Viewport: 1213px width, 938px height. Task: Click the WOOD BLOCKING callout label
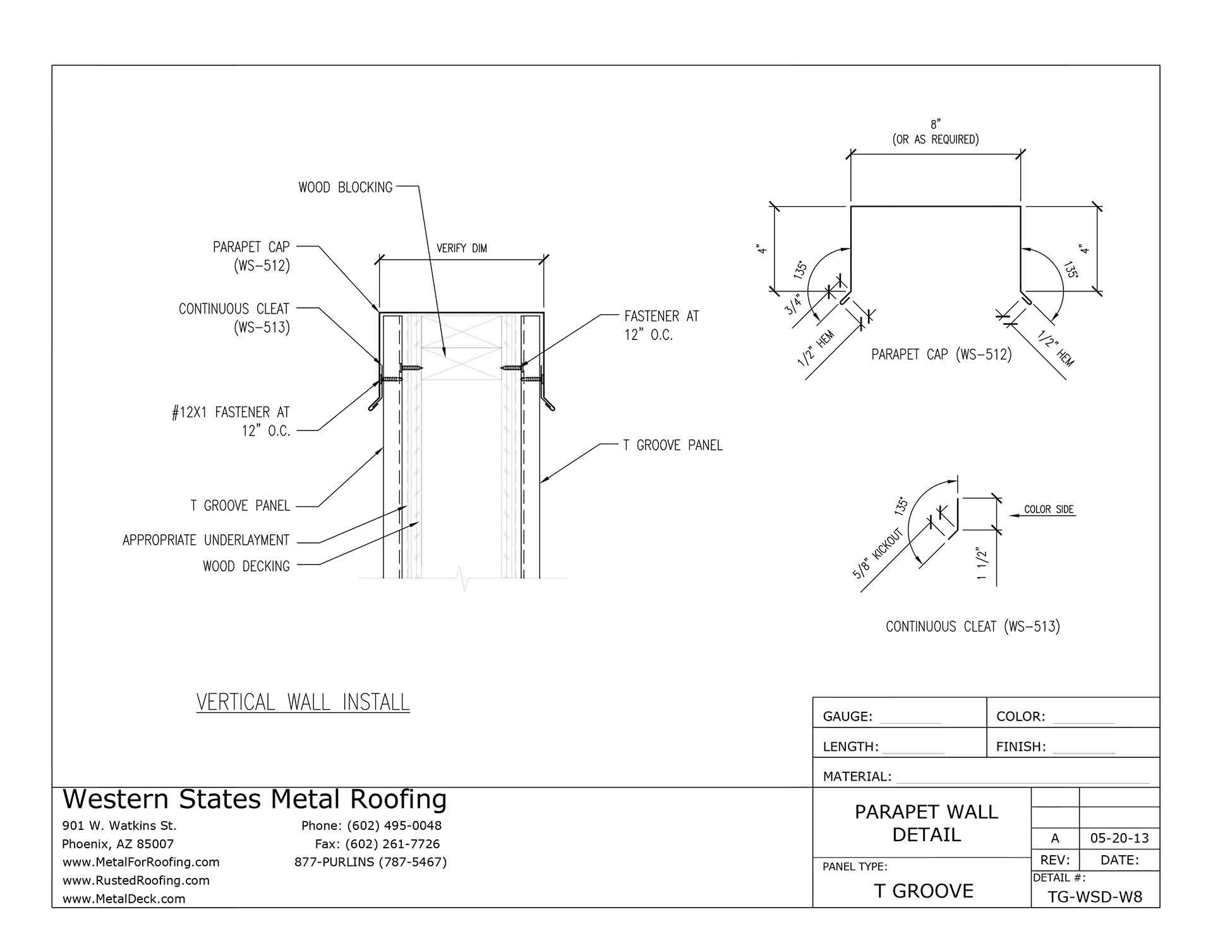[346, 187]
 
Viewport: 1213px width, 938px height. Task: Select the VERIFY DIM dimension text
[461, 248]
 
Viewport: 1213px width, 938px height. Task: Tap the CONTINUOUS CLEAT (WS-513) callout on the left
[234, 318]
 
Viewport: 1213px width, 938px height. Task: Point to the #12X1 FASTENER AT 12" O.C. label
[231, 422]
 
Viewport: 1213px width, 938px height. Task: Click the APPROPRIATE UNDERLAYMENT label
[206, 540]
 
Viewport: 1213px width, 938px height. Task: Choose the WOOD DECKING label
[246, 566]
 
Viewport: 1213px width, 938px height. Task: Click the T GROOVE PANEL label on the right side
[673, 446]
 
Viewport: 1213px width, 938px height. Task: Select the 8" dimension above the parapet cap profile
[936, 125]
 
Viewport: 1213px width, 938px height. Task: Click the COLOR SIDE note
[1049, 509]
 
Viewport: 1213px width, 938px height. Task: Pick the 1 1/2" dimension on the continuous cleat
[982, 564]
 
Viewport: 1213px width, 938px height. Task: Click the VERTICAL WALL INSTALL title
[303, 702]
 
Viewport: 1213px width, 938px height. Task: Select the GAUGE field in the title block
[847, 717]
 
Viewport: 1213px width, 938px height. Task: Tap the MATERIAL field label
[857, 777]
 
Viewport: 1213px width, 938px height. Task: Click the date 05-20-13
[1119, 839]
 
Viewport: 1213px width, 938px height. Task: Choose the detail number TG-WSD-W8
[1095, 898]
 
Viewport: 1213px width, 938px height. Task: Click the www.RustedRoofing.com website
[136, 880]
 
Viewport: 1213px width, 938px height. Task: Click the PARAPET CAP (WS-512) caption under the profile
[941, 355]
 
